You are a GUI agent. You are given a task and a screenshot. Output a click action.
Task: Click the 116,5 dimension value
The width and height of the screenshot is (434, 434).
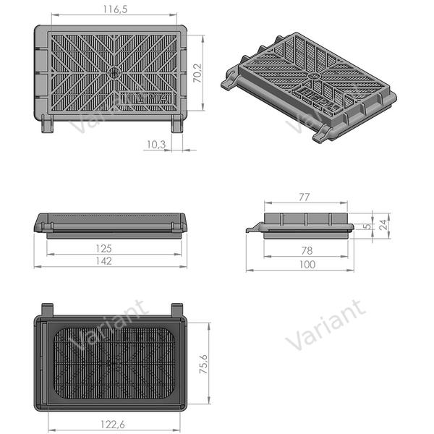tap(114, 9)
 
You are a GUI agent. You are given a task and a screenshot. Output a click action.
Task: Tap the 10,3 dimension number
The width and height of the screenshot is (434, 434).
tap(156, 145)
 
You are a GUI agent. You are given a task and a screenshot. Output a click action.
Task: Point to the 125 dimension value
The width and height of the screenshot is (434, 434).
tap(103, 248)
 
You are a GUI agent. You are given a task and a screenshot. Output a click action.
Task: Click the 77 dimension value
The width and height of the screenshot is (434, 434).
tap(304, 196)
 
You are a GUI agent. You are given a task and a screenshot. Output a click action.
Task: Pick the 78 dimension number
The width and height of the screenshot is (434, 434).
tap(307, 251)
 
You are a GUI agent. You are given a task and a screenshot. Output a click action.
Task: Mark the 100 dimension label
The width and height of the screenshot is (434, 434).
tap(307, 265)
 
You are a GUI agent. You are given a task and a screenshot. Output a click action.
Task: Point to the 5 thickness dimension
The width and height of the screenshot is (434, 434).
tap(367, 225)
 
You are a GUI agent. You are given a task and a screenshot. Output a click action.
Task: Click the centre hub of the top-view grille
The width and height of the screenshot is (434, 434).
tap(114, 72)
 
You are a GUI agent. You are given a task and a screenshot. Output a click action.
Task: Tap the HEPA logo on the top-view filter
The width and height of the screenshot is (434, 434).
tap(147, 97)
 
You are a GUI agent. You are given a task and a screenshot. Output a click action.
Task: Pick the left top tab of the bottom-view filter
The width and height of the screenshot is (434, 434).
tap(48, 309)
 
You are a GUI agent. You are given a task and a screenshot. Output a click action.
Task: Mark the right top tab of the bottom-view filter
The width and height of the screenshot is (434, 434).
tap(177, 309)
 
